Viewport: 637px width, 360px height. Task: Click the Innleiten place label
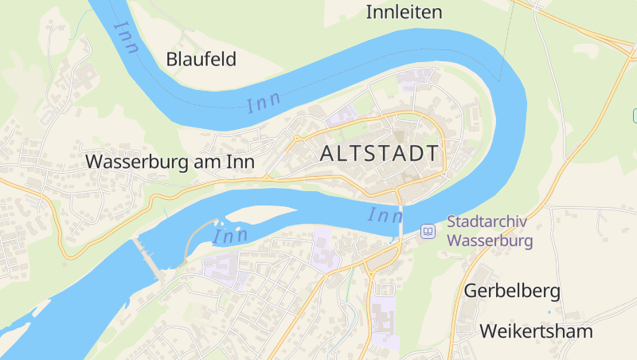click(403, 12)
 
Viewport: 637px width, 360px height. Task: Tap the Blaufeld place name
click(201, 59)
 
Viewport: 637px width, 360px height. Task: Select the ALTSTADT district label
click(379, 154)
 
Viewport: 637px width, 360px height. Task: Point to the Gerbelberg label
click(513, 291)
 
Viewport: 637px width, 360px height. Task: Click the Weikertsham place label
click(537, 331)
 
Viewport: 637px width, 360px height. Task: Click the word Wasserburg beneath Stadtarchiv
click(490, 240)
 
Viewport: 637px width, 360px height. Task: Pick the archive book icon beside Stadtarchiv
click(428, 231)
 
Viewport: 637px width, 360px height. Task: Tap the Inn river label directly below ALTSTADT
click(385, 215)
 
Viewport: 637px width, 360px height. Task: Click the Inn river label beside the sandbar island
click(230, 236)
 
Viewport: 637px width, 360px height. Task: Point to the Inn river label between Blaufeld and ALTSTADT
click(264, 104)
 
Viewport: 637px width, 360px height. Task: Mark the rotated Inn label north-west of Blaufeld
click(127, 37)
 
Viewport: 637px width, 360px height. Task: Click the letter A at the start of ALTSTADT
click(328, 154)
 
